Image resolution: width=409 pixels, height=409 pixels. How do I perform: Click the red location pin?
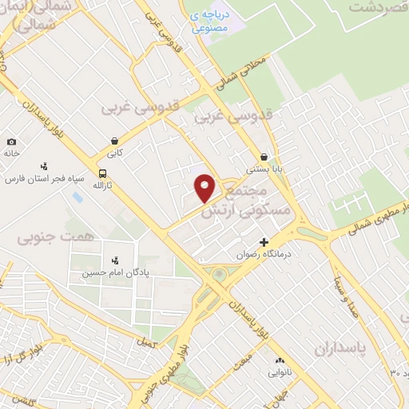(205, 188)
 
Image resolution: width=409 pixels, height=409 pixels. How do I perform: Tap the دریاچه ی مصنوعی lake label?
(210, 21)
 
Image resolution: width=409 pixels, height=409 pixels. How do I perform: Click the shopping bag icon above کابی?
(116, 138)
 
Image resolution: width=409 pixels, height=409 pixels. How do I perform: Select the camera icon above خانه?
(11, 141)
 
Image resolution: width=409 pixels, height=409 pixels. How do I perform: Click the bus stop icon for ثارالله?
(102, 173)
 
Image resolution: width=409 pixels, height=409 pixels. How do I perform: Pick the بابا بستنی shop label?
(263, 169)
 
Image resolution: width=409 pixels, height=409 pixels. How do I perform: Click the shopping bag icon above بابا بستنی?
(264, 157)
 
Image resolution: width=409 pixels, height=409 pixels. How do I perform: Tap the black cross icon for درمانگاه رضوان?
(264, 241)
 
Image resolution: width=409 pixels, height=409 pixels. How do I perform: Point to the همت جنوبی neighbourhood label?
(45, 236)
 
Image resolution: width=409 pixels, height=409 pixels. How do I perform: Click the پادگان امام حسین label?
(113, 272)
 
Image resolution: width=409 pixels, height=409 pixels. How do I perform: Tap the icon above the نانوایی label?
(280, 360)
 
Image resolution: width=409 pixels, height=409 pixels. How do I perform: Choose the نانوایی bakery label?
(280, 372)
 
